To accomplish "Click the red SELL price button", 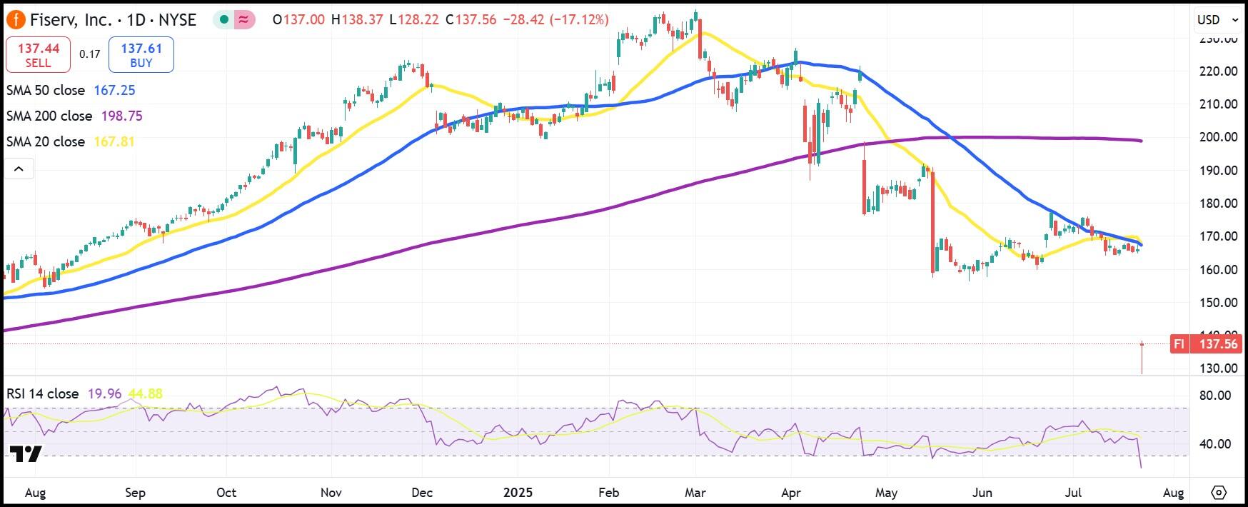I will [38, 55].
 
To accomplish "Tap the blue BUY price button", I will [141, 55].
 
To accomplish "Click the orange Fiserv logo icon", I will [15, 20].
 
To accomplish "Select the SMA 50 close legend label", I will [46, 91].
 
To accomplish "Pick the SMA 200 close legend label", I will [49, 116].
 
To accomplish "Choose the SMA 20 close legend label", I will [46, 142].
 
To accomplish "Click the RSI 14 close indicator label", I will [43, 394].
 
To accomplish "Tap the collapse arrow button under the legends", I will [19, 169].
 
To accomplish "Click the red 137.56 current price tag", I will [1217, 344].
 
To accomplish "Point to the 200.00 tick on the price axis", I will [1218, 137].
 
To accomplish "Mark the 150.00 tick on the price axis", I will [1218, 303].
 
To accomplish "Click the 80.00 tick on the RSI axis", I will [1214, 396].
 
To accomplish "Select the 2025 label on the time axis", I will [518, 493].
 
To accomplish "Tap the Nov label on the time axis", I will [331, 493].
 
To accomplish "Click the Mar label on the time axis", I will [695, 493].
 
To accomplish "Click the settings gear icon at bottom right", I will [1219, 493].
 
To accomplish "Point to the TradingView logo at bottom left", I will [26, 454].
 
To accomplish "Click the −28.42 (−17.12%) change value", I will [555, 20].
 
